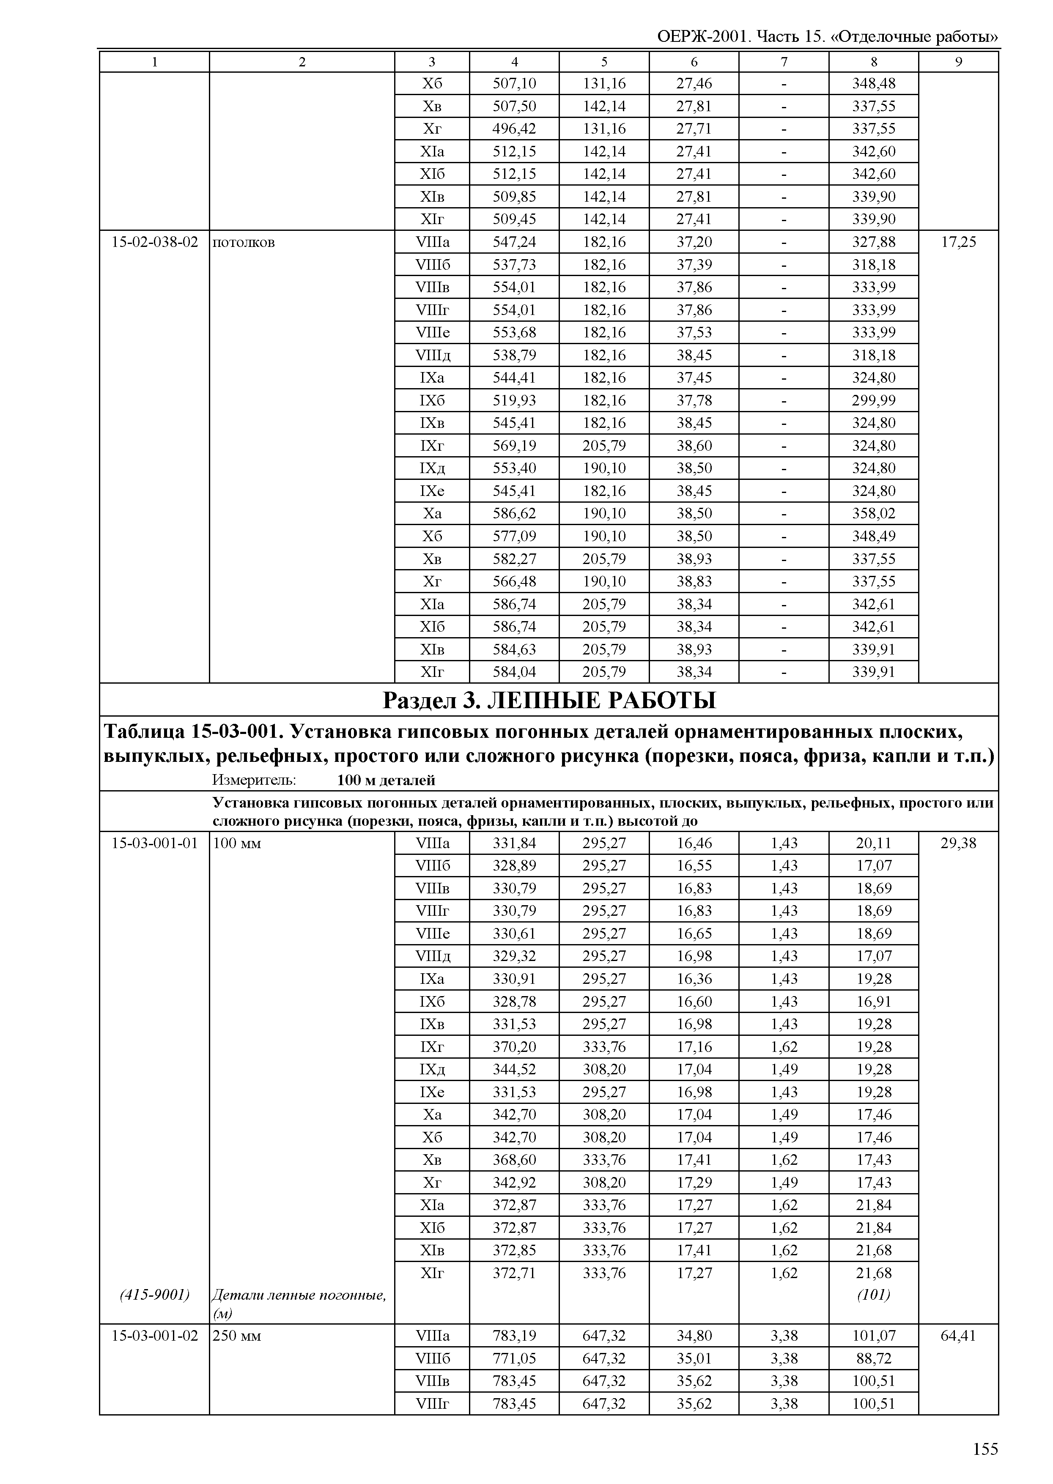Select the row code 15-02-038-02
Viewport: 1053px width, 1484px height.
(154, 242)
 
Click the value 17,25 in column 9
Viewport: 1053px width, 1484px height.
(958, 242)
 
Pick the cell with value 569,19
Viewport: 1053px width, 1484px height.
(514, 445)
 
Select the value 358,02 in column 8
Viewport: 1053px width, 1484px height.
(873, 513)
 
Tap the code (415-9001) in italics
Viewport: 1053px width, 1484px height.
(154, 1295)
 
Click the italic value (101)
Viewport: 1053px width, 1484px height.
(873, 1295)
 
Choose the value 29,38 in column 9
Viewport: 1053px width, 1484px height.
(958, 843)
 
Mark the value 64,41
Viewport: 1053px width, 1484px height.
(958, 1336)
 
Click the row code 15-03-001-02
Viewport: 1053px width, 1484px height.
(154, 1336)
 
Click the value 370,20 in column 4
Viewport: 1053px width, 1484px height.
(514, 1047)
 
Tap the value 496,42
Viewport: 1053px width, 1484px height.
(514, 129)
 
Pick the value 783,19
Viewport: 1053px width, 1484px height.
(514, 1336)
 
